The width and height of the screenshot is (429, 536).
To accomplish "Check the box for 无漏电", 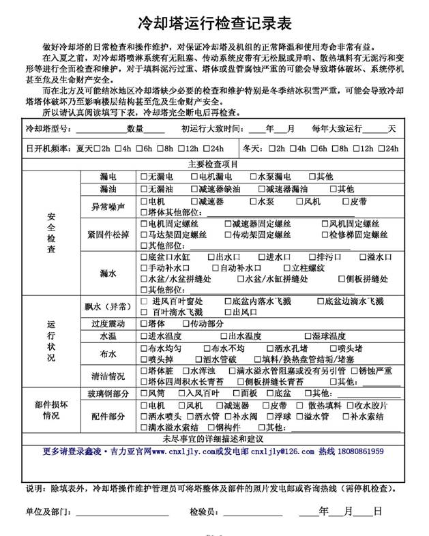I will point(143,177).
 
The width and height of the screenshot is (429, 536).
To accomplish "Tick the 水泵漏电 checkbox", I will point(252,177).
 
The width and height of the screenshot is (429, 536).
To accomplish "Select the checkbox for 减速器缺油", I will point(194,189).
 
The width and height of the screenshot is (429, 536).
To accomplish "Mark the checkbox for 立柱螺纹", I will point(286,268).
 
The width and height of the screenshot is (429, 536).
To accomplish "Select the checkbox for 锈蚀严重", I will point(344,371).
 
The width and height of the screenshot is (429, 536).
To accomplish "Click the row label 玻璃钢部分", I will point(108,394).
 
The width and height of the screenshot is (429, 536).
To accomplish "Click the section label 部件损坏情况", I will point(51,410).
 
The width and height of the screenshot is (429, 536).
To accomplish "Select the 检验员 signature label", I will point(203,511).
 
